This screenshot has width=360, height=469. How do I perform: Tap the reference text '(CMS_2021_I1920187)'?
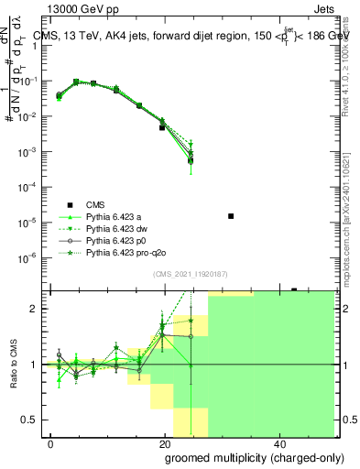point(190,274)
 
